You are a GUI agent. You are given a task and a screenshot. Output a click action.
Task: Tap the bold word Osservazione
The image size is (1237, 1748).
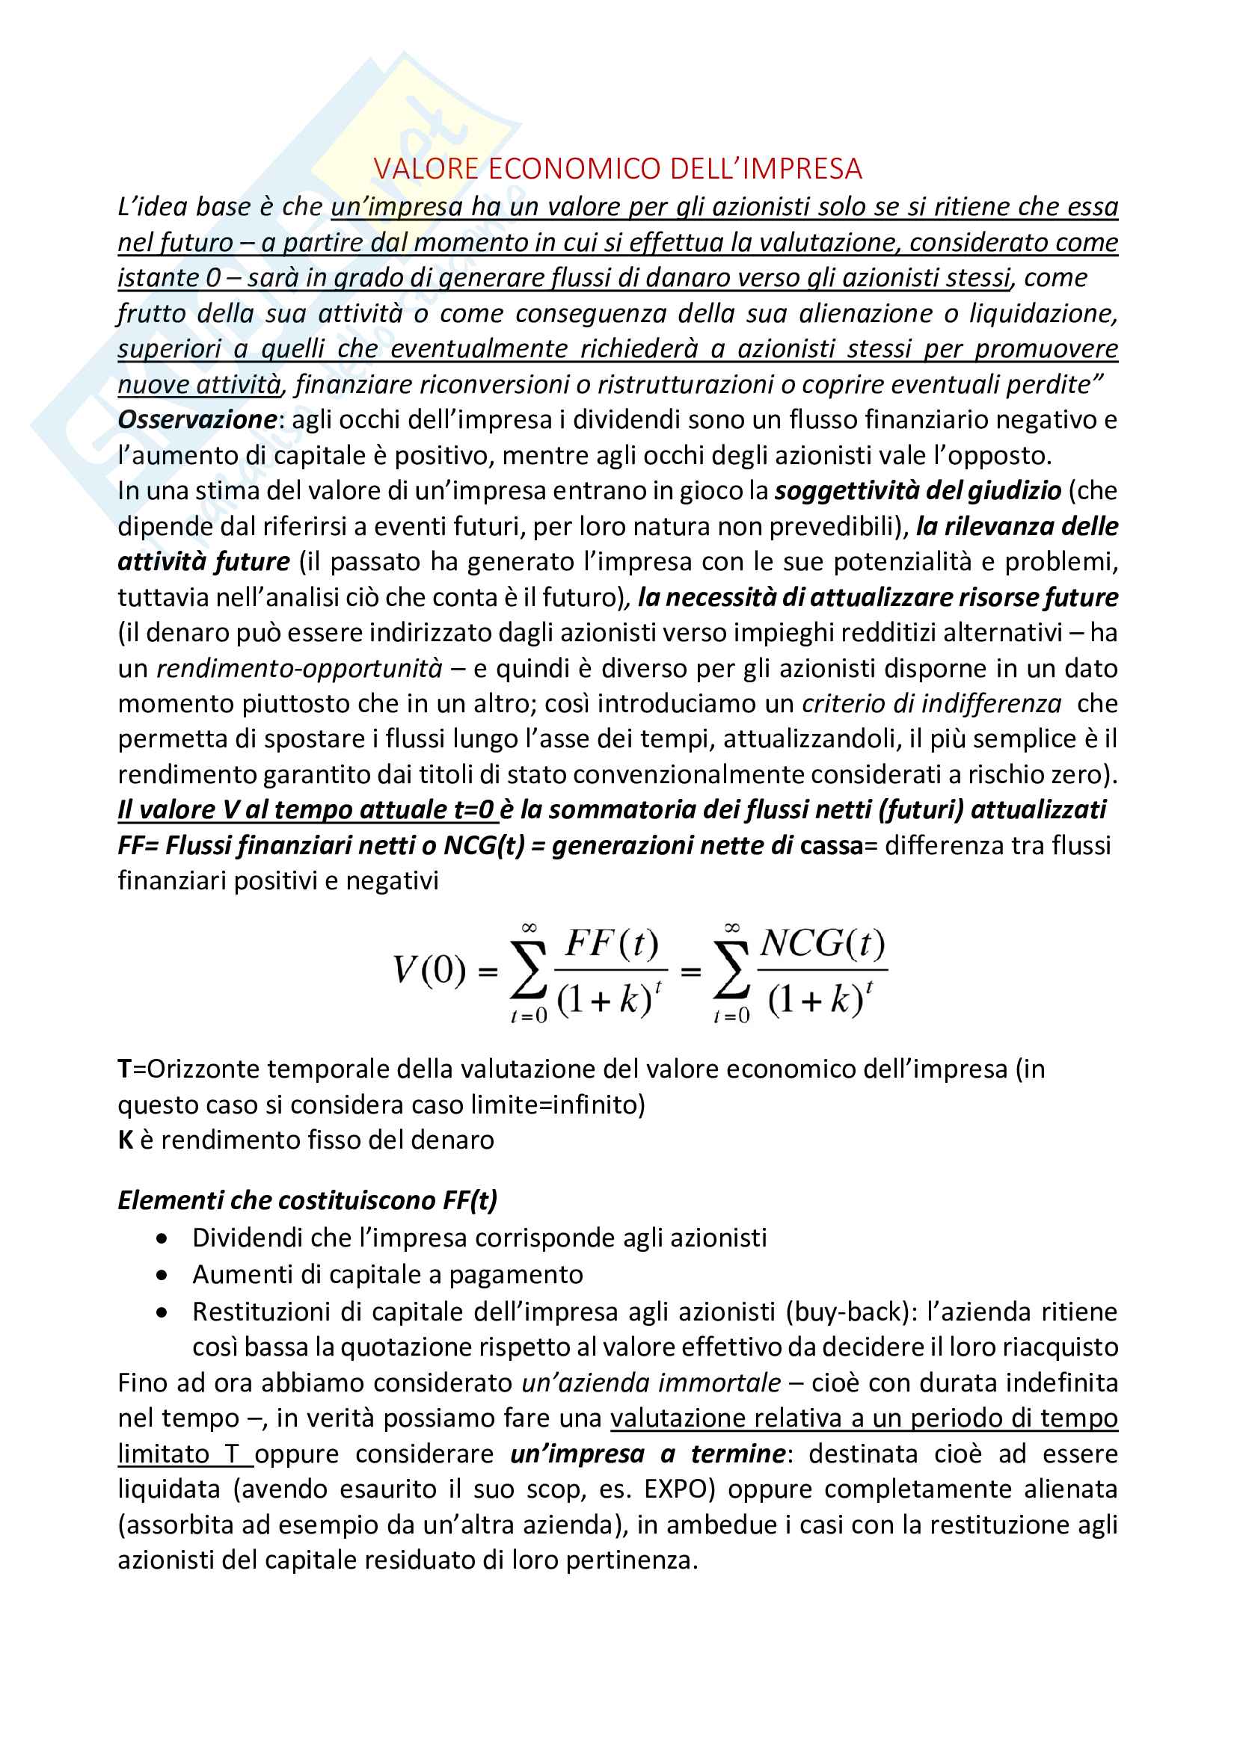tap(197, 419)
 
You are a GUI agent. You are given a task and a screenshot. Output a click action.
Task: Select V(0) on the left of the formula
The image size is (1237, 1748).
tap(429, 970)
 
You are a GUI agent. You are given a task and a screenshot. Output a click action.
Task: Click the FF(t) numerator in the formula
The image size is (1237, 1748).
tap(611, 944)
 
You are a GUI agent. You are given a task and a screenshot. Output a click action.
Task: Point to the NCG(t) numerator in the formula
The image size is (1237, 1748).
tap(823, 944)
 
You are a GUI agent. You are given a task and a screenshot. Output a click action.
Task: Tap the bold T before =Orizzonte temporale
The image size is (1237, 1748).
tap(125, 1069)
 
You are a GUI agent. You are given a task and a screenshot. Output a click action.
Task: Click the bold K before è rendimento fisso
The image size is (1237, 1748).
tap(126, 1140)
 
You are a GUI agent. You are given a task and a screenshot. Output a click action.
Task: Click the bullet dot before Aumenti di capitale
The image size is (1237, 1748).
tap(162, 1276)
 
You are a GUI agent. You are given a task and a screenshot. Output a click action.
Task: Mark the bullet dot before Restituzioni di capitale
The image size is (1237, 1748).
tap(162, 1312)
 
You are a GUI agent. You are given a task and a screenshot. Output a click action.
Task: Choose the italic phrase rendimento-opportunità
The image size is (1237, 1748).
tap(299, 668)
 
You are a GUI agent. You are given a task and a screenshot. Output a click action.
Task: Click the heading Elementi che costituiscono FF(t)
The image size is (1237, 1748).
tap(307, 1201)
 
